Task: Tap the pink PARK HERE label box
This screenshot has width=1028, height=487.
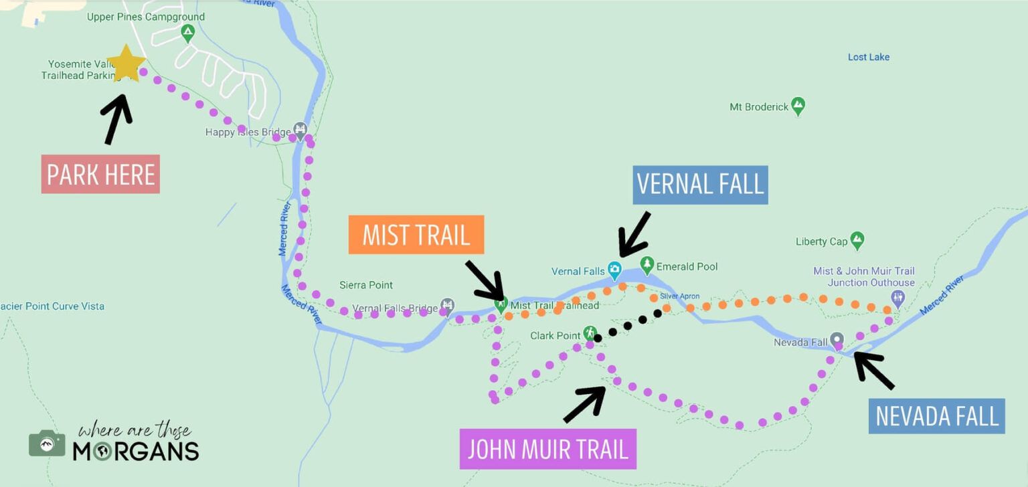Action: point(100,175)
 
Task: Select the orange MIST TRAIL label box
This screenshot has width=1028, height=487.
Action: point(416,235)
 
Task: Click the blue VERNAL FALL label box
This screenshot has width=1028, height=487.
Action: point(700,185)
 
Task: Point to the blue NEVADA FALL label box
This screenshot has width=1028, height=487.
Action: point(936,416)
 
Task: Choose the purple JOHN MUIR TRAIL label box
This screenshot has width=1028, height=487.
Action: point(547,449)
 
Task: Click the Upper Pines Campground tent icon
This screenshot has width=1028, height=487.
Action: point(188,31)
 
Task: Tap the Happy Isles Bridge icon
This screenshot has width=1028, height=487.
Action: point(300,129)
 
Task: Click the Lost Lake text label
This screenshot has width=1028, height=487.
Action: point(868,58)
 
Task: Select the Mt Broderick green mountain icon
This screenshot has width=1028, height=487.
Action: point(797,105)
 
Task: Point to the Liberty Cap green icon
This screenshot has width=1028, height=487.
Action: point(857,239)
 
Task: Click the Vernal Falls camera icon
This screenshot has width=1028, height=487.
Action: point(614,270)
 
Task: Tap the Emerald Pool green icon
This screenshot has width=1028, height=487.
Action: point(647,265)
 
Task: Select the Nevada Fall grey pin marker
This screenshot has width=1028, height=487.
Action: point(837,340)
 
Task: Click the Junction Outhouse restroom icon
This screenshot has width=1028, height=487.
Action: point(897,297)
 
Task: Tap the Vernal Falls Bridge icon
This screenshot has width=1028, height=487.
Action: point(447,306)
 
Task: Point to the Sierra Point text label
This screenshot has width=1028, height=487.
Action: point(366,285)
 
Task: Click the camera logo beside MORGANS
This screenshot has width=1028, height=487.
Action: point(47,443)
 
